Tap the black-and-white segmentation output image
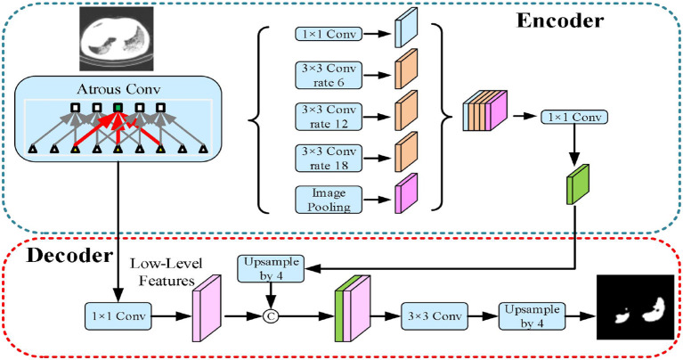tap(635, 307)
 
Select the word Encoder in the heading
tap(560, 20)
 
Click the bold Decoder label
tap(69, 256)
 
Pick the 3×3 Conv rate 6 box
tap(329, 76)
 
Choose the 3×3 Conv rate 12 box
tap(329, 117)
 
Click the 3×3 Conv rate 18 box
tap(329, 159)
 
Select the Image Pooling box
tap(329, 200)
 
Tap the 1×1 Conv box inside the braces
tap(329, 34)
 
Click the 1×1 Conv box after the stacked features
tap(574, 117)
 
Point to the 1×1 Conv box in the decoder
tap(118, 316)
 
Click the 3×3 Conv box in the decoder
tap(435, 316)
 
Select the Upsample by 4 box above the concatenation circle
tap(271, 268)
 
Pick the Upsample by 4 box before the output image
tap(532, 316)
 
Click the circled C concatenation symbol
tap(271, 316)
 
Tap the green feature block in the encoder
tap(578, 184)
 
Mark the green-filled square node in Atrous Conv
tap(118, 107)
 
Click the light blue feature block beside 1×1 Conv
tap(406, 28)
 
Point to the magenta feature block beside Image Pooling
tap(406, 193)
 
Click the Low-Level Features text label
tap(167, 272)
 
